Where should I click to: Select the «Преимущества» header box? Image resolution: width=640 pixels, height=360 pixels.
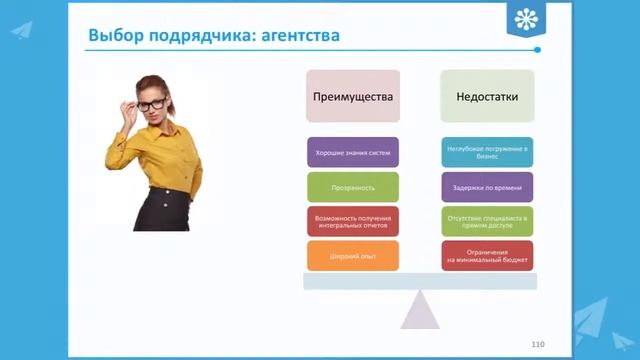pos(352,97)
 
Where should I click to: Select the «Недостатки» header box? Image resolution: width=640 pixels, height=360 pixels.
pos(487,97)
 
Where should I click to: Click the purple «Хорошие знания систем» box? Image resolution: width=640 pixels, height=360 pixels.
pos(352,152)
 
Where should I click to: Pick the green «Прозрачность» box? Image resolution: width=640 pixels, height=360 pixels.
pos(352,187)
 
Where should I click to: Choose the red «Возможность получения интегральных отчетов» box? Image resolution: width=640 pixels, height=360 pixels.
pos(352,221)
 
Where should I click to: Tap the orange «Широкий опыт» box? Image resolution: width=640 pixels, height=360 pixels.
pos(352,256)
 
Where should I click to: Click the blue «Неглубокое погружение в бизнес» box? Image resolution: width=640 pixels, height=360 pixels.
pos(487,152)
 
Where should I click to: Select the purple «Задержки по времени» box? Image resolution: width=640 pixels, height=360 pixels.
pos(487,187)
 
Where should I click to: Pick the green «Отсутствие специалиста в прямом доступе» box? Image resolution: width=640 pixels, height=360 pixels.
pos(487,221)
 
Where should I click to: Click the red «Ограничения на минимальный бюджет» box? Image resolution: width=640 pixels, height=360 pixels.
pos(487,256)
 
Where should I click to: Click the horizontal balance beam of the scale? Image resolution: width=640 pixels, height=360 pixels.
pos(420,282)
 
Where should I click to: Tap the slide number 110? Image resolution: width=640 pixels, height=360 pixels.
pos(538,343)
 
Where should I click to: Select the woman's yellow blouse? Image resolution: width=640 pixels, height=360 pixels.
pos(165,155)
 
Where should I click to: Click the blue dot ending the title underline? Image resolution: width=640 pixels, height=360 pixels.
pos(537,50)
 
